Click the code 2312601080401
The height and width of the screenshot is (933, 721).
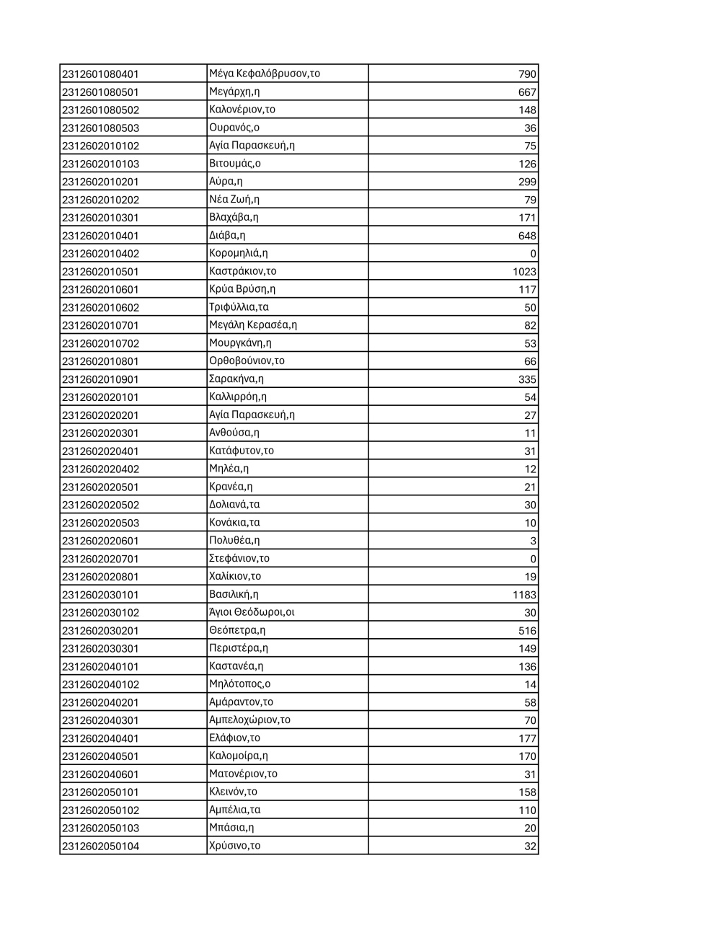(x=100, y=74)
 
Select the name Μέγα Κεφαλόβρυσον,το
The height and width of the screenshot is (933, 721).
(x=264, y=74)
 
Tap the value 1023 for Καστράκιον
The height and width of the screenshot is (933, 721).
(x=524, y=272)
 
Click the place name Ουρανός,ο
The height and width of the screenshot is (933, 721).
(x=234, y=128)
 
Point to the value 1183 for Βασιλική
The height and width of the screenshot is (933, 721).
(x=524, y=595)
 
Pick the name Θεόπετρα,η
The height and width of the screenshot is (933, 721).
(x=236, y=630)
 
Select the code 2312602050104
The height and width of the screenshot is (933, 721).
(x=100, y=846)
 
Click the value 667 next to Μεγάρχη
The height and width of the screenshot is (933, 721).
(x=527, y=92)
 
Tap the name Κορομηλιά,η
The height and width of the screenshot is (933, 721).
(x=238, y=253)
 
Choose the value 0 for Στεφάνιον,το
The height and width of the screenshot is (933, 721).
(x=533, y=559)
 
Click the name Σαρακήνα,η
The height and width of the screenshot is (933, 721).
(x=236, y=379)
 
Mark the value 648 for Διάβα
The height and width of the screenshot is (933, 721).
(x=527, y=236)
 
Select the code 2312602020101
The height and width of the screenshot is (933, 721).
(x=100, y=397)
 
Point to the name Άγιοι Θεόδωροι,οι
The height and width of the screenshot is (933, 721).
(x=252, y=612)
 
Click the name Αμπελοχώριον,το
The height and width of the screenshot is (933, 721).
(x=249, y=720)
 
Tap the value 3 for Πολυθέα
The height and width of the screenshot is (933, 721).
(x=533, y=541)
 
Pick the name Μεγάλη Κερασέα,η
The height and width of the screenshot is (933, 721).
(x=252, y=325)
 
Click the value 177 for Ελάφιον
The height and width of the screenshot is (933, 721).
(x=527, y=738)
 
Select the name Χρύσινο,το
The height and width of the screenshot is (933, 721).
(x=234, y=846)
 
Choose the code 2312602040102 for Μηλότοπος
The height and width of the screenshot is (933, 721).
(x=100, y=684)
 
